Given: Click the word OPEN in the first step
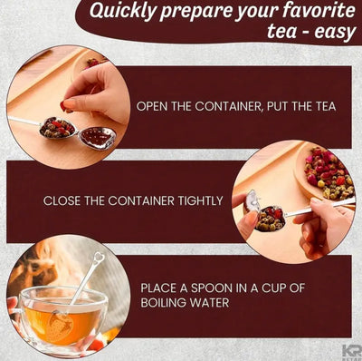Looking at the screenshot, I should click(x=154, y=106).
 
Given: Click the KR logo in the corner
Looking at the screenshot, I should click(x=350, y=351).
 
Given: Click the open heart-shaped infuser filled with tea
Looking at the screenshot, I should click(x=58, y=128).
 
